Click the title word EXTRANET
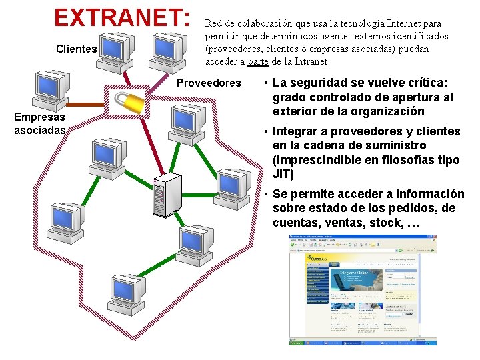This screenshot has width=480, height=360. [x=120, y=17]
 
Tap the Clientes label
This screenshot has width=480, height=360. [x=77, y=49]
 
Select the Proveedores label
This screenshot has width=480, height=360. [x=209, y=83]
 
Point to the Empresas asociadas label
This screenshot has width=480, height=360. [x=40, y=124]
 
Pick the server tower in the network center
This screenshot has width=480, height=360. [x=166, y=194]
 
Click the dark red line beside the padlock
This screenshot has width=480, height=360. [x=91, y=105]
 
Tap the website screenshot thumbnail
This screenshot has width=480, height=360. [x=363, y=289]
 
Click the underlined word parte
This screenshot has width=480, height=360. [x=258, y=62]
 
